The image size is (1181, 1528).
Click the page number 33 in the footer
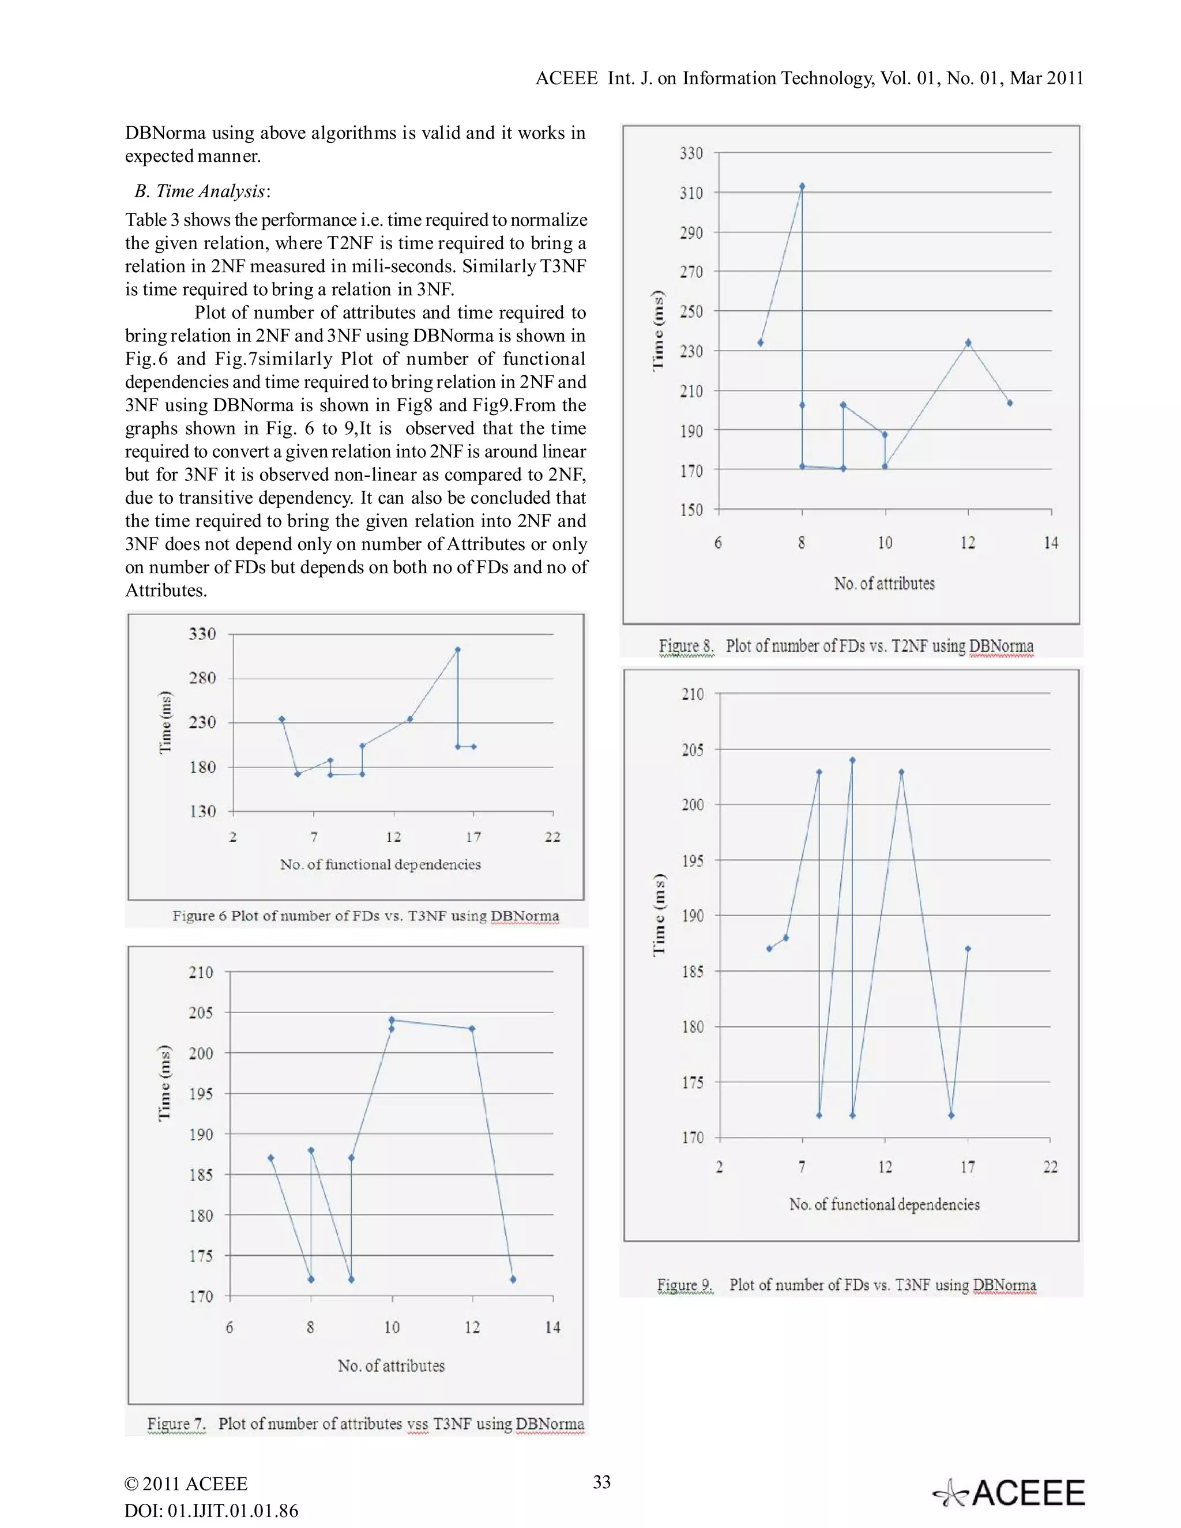coord(601,1482)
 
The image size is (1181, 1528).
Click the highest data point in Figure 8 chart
coord(802,186)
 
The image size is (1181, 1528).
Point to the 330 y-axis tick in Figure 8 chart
coord(691,153)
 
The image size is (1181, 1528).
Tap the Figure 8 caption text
coord(846,646)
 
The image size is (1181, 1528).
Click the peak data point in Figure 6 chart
coord(457,649)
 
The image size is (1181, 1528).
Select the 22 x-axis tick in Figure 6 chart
coord(552,837)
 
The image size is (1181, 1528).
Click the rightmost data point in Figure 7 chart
coord(513,1279)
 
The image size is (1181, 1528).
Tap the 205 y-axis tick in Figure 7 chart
coord(201,1013)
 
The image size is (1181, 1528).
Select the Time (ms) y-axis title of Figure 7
coord(164,1083)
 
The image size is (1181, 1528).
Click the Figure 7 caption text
coord(365,1424)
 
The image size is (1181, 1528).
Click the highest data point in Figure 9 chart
coord(852,760)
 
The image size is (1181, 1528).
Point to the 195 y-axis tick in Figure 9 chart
coord(693,860)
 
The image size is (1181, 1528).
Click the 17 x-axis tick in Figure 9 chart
coord(967,1167)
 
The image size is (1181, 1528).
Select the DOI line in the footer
coord(211,1511)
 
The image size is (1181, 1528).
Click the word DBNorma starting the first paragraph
coord(165,133)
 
